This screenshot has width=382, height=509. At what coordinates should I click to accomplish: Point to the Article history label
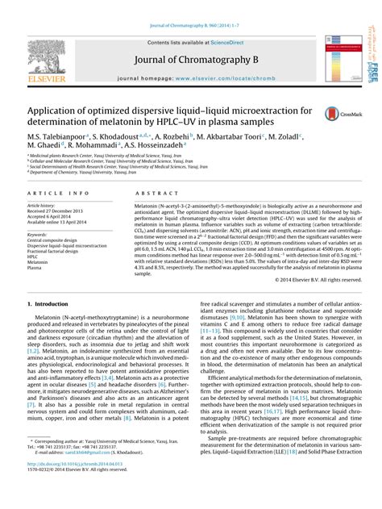tap(42, 206)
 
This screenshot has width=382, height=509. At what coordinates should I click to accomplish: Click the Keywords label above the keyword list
tap(39, 235)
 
